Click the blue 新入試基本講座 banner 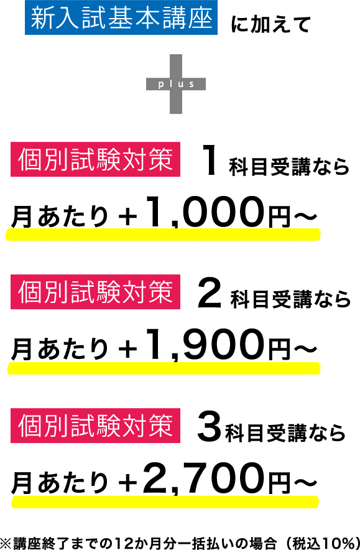click(121, 17)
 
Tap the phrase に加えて click(270, 24)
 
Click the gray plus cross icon click(175, 84)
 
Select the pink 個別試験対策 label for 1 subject click(95, 159)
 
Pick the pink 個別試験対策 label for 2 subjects click(95, 292)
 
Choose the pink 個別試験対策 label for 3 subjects click(95, 426)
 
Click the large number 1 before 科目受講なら click(210, 161)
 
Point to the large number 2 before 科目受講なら click(210, 293)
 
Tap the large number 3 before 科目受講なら click(210, 427)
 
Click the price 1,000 click(205, 212)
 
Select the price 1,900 click(205, 345)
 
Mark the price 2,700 click(203, 478)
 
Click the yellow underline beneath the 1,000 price click(163, 235)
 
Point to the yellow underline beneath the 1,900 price click(164, 368)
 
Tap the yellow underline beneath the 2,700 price click(165, 501)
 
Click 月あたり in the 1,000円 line click(60, 217)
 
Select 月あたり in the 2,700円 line click(60, 483)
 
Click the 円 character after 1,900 click(279, 350)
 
